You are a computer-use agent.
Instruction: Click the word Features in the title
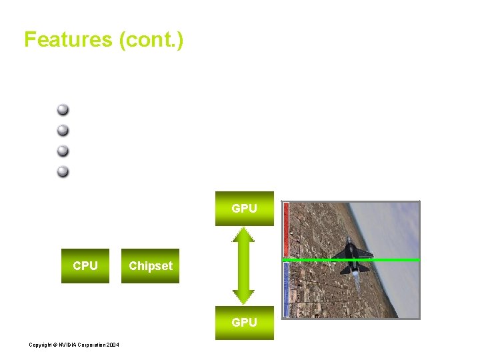tap(68, 40)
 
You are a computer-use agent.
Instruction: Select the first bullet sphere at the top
tap(63, 110)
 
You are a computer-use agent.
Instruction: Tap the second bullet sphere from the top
tap(63, 130)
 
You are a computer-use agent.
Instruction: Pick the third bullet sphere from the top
tap(63, 151)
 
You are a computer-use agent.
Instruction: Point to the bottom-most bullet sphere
tap(63, 171)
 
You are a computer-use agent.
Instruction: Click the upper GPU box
tap(244, 209)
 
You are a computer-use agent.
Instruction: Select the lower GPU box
tap(244, 323)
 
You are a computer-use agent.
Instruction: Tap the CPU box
tap(85, 266)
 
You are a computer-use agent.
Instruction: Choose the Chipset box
tap(150, 266)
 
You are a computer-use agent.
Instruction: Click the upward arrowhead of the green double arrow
tap(244, 235)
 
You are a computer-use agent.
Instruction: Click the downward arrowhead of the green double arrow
tap(244, 297)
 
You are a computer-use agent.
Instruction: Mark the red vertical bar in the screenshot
tap(286, 229)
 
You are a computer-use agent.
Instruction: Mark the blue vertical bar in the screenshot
tap(286, 289)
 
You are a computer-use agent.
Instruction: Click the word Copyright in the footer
tap(41, 345)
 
